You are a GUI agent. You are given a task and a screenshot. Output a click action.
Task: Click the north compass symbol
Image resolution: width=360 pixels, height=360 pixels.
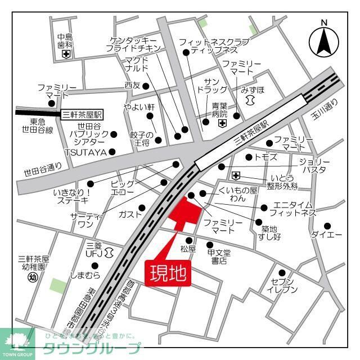[324, 40]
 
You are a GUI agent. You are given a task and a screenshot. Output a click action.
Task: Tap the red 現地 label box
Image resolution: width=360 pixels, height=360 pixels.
[167, 274]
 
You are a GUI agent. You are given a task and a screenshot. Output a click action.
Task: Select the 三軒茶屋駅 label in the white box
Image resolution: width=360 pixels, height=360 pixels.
[84, 114]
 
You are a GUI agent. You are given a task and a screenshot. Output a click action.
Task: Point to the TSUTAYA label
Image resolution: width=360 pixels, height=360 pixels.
[85, 152]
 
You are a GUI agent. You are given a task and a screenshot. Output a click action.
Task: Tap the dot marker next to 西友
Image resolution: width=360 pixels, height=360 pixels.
[146, 86]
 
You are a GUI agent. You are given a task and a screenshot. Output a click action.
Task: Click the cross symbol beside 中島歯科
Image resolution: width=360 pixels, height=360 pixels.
[66, 55]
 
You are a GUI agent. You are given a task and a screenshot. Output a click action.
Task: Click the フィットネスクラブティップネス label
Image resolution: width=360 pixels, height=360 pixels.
[206, 46]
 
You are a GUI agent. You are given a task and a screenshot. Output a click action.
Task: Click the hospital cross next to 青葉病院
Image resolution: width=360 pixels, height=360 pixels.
[223, 123]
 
